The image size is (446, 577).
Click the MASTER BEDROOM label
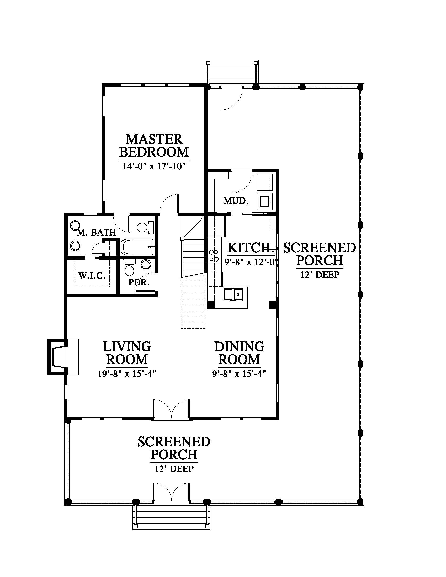tap(154, 146)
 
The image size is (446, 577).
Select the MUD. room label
tap(236, 201)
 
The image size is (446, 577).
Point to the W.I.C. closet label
tap(92, 276)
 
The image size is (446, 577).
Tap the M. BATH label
tap(97, 232)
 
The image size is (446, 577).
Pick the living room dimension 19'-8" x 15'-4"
tap(127, 374)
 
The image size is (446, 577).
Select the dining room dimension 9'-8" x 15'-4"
tap(239, 374)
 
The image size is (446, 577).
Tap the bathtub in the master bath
tap(137, 247)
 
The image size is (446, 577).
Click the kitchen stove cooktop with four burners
tap(214, 256)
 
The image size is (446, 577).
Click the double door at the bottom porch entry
tap(172, 492)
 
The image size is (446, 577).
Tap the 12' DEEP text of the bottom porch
tap(174, 469)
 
